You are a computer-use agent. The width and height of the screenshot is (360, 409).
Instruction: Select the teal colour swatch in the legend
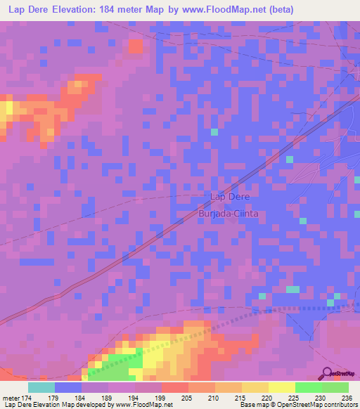click(x=41, y=387)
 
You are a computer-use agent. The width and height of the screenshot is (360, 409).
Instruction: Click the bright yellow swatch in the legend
click(x=281, y=387)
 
